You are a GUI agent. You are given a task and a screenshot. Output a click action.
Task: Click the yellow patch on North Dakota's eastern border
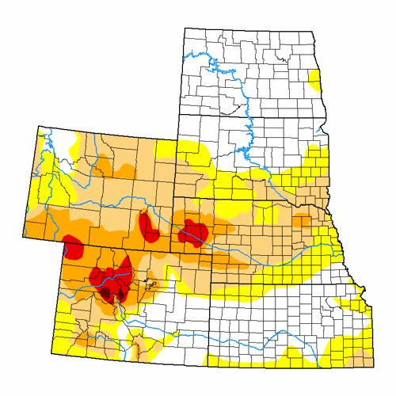point(315,80)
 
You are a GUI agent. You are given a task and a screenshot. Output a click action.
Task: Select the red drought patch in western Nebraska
point(192,231)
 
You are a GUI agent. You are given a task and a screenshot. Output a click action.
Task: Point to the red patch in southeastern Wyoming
point(148,227)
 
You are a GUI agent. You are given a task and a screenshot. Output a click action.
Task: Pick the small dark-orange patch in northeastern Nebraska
point(302,220)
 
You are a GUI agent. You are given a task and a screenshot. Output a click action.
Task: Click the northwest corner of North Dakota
point(184,29)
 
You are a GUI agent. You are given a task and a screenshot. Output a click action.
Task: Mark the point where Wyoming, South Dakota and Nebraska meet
point(175,196)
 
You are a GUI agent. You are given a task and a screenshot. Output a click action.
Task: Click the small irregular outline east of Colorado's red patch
point(152,283)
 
